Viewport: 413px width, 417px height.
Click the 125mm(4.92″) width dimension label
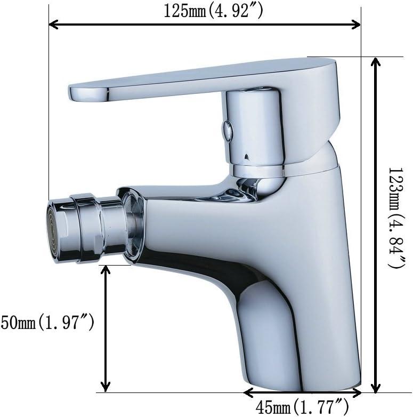coord(213,11)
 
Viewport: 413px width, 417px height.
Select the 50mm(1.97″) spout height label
coord(47,322)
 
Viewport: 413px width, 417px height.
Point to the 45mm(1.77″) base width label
coord(302,408)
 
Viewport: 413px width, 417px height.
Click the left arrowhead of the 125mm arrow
coord(53,25)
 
